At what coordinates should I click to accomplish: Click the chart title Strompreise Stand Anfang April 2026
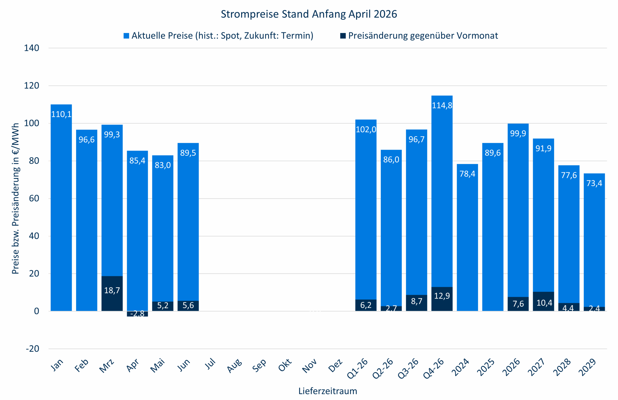[309, 14]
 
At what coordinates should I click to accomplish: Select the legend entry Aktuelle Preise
[222, 36]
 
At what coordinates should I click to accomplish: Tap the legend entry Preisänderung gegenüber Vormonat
[423, 36]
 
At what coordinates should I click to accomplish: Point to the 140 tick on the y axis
[31, 48]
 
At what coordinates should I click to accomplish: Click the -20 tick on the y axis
[32, 349]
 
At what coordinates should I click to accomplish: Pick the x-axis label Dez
[335, 366]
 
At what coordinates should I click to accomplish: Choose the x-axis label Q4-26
[434, 369]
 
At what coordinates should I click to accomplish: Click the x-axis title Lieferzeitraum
[327, 391]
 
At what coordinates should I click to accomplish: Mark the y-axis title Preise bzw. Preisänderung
[15, 199]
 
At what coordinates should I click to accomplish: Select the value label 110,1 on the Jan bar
[61, 114]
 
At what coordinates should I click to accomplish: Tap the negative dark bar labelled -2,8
[137, 314]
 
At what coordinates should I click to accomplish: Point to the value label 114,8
[442, 105]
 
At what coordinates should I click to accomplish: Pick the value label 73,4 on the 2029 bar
[594, 183]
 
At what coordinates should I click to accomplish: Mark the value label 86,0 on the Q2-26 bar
[391, 160]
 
